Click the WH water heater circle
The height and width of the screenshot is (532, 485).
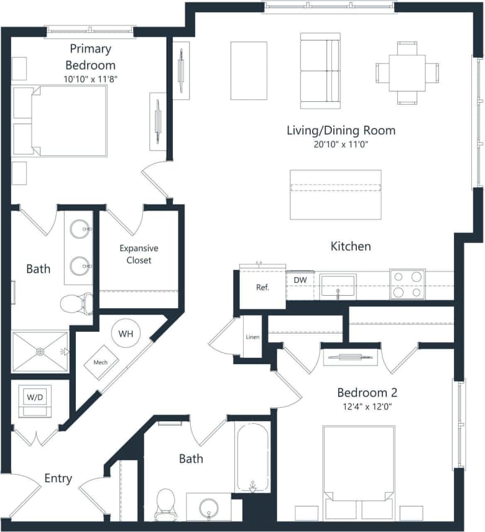(x=126, y=334)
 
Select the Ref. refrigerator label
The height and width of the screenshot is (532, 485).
(x=262, y=288)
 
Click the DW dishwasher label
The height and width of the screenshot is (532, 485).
(x=300, y=280)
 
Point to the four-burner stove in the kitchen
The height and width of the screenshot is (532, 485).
(x=407, y=284)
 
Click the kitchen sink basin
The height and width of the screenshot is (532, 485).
(x=338, y=287)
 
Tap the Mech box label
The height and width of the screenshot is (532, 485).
(x=101, y=362)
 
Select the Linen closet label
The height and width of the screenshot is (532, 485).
(x=252, y=337)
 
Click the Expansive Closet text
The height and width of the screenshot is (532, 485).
(x=139, y=254)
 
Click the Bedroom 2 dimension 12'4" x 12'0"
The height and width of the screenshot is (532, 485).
(x=367, y=406)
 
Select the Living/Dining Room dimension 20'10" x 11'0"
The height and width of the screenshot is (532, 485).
(x=341, y=144)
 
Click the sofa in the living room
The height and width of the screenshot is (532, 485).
(x=320, y=70)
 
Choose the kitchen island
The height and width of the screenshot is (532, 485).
(x=336, y=195)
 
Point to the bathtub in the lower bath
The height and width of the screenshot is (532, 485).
(x=252, y=457)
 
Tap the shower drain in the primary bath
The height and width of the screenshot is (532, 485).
(x=40, y=352)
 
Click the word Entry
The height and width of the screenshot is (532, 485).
(x=58, y=479)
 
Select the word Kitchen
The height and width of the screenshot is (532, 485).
(x=351, y=246)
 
